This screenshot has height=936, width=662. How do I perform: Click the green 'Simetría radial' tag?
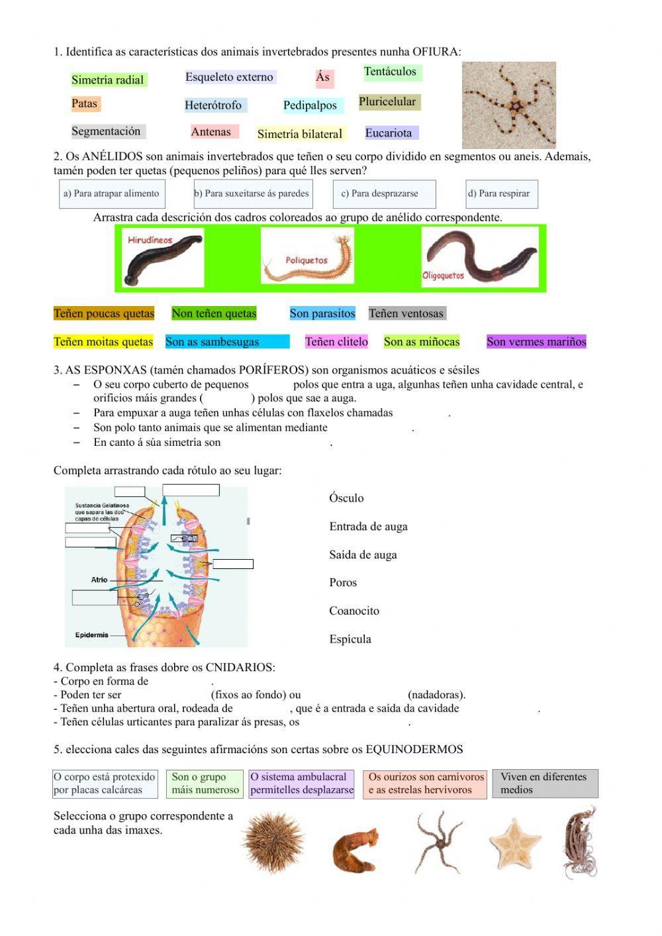point(108,80)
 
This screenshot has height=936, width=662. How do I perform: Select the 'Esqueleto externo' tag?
point(229,78)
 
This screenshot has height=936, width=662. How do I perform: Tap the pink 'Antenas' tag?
point(211,132)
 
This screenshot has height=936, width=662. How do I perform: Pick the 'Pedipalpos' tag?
point(310,105)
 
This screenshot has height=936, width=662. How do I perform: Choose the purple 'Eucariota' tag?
point(389,133)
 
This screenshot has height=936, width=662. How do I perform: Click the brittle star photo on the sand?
point(508,105)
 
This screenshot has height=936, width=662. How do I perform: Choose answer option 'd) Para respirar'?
point(500,194)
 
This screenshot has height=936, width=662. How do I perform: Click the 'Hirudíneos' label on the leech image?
point(150,240)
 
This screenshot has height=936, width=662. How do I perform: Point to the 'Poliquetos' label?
point(307,260)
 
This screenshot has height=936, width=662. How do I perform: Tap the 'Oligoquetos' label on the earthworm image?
point(443,276)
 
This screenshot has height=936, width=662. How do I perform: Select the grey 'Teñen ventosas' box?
point(406,313)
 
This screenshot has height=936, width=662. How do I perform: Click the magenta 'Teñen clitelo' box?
point(336,342)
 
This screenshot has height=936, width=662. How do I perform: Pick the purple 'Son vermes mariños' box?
point(536,342)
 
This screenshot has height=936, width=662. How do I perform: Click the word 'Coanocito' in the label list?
point(354,611)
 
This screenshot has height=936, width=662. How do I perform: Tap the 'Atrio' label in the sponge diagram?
point(99,580)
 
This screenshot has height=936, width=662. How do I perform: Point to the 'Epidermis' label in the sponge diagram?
point(91,635)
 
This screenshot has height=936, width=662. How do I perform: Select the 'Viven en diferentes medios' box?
point(544,783)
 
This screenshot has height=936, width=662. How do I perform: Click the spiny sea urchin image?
point(273,843)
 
